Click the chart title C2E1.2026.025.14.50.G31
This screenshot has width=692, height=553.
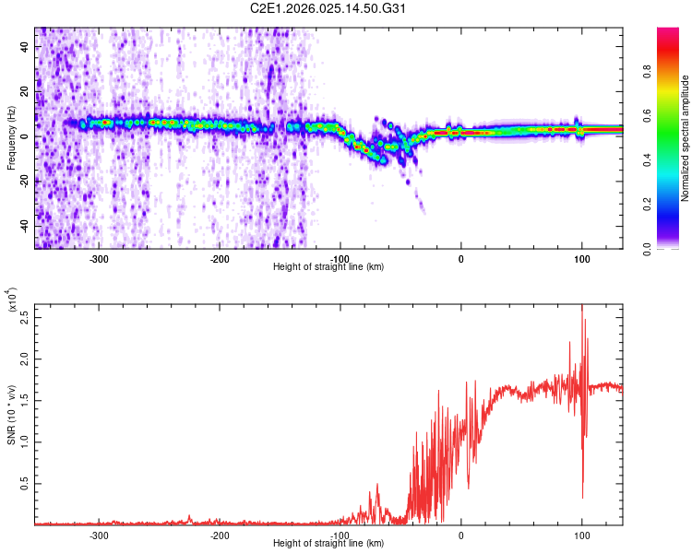point(345,8)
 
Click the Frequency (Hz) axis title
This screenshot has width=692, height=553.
point(12,137)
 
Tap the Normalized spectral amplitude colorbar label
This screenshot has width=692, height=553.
point(686,138)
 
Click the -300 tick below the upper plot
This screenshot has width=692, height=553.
point(100,259)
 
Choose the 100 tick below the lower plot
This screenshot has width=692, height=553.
point(581,535)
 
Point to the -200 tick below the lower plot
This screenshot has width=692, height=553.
point(220,535)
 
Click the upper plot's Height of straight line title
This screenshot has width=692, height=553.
point(328,267)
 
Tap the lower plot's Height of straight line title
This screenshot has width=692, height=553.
point(328,543)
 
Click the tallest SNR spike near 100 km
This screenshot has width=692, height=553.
point(581,308)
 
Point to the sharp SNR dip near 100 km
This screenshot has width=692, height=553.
point(582,498)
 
